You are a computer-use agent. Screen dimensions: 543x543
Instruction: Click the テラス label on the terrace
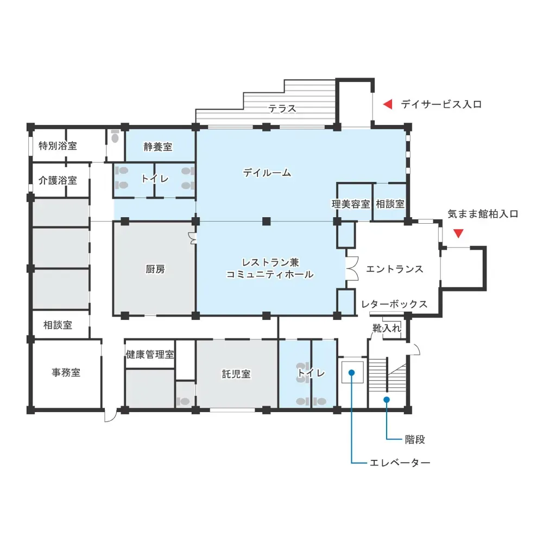(x=282, y=109)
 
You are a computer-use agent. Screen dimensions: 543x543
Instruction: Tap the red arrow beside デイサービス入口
(x=388, y=104)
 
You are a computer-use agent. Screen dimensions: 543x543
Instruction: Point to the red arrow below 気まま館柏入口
(x=458, y=233)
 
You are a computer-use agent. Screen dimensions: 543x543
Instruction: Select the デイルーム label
(x=267, y=173)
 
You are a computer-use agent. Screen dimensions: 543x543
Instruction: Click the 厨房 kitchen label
(x=155, y=269)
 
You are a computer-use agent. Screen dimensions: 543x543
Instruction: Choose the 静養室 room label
(x=158, y=147)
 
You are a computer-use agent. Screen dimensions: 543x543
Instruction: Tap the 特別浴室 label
(x=58, y=146)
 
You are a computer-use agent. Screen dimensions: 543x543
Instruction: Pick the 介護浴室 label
(x=58, y=180)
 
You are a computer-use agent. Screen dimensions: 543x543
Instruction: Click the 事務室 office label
(x=66, y=372)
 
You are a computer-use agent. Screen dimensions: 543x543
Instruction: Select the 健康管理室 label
(x=150, y=354)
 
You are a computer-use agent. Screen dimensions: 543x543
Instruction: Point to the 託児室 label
(x=236, y=374)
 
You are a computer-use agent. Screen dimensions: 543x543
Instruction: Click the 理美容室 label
(x=351, y=204)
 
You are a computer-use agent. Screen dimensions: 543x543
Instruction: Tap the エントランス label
(x=394, y=269)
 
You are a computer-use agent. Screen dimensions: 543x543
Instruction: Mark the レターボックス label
(x=394, y=304)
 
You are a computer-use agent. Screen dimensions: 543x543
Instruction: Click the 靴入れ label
(x=387, y=327)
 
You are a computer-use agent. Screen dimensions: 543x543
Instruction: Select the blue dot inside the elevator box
(x=351, y=372)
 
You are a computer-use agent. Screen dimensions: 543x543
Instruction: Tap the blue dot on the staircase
(x=387, y=400)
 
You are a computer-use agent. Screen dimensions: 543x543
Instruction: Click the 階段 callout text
(x=415, y=439)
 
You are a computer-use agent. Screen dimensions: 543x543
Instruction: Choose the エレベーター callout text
(x=400, y=463)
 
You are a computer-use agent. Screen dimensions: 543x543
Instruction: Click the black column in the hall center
(x=266, y=221)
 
